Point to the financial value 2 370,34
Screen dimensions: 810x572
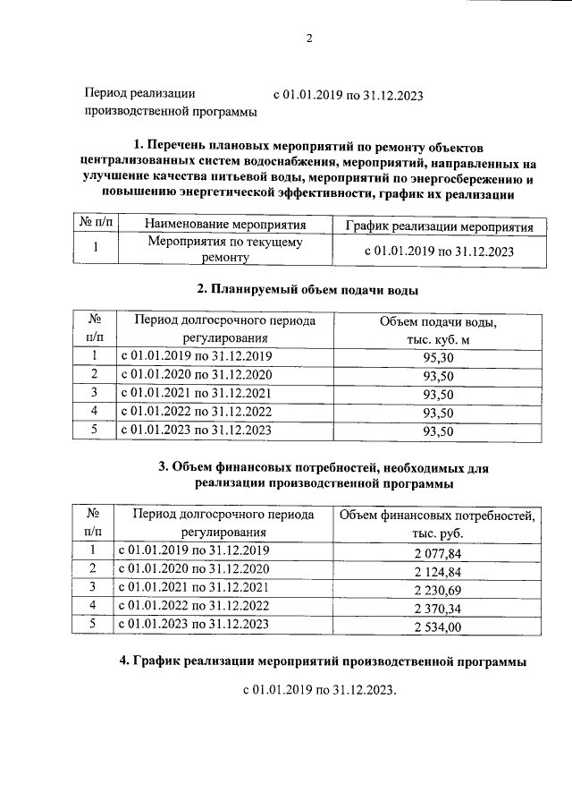[436, 609]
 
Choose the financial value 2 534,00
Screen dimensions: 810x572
[436, 627]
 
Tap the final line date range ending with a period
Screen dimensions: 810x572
[319, 691]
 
